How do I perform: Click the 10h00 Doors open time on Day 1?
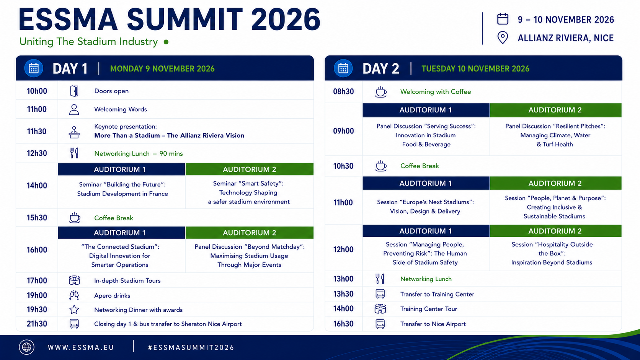pos(37,91)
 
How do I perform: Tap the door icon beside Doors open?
pos(74,91)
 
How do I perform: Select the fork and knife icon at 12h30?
pos(74,153)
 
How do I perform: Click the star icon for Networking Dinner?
pos(74,310)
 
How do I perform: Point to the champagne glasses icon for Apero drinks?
pos(74,295)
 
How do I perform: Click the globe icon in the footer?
pos(26,347)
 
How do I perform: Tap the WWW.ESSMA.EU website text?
pos(81,347)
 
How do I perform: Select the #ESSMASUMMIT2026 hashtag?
pos(191,347)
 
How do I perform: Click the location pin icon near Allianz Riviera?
pos(503,38)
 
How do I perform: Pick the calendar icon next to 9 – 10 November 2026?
pos(503,19)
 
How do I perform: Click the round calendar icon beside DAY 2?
pos(343,68)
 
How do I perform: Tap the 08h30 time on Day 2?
pos(343,92)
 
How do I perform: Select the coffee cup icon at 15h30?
pos(75,218)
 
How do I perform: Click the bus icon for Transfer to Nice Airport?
pos(380,324)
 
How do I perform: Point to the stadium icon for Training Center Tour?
pos(380,309)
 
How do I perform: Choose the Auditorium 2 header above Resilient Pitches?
pos(555,110)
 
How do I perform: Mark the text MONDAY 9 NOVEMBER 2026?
pos(162,69)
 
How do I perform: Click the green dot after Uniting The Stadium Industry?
pos(166,42)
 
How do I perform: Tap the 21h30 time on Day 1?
pos(37,324)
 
